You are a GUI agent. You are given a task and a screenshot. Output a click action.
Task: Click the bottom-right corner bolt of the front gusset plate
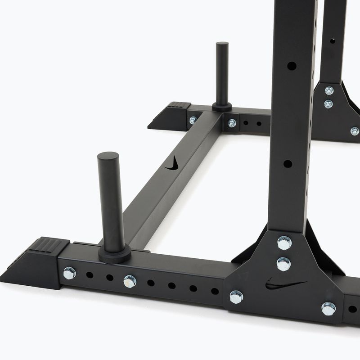coord(328,309)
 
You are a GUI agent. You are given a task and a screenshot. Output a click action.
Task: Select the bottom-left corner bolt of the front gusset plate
coord(236,297)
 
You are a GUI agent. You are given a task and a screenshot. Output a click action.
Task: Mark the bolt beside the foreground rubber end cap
coord(69,273)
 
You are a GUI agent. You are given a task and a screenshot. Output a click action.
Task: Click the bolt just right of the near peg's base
coord(130,281)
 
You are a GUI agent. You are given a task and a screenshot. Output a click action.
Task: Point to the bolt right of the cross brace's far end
coord(232,123)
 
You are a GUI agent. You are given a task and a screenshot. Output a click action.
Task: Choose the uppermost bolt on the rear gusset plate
coord(329,90)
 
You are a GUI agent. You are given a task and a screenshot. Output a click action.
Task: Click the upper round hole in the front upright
coord(291,66)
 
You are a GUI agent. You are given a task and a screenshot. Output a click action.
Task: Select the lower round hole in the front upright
coord(288,164)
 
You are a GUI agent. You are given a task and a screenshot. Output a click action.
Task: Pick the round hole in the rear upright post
coord(333,41)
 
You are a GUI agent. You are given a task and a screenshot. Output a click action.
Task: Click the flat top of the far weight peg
coord(222,45)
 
